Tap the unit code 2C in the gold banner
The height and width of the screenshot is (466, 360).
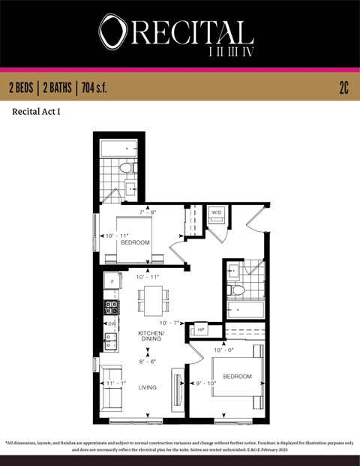[343, 88]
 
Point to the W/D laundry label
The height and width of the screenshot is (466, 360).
[217, 212]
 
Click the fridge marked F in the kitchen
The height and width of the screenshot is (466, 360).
[112, 282]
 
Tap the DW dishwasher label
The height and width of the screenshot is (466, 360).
[112, 323]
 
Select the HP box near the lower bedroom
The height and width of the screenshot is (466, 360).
[201, 329]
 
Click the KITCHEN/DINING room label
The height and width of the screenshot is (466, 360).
[151, 336]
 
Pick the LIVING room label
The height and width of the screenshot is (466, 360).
[148, 387]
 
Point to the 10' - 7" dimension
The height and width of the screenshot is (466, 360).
[169, 323]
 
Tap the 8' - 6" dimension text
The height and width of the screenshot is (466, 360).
[148, 362]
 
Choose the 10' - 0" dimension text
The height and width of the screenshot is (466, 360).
[223, 350]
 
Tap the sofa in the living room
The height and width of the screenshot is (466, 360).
[112, 384]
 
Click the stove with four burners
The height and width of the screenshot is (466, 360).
[112, 306]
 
